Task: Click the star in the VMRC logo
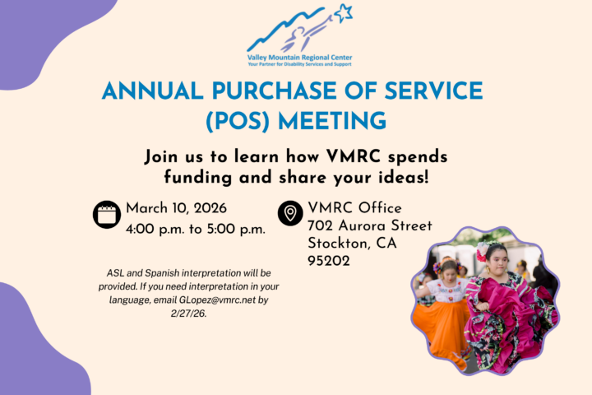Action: coord(343,12)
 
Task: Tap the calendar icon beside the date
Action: coord(107,214)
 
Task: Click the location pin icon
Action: coord(290,214)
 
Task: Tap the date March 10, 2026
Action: coord(176,207)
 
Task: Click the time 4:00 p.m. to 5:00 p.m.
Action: coord(196,229)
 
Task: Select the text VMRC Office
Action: coord(354,207)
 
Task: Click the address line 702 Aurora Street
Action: coord(369,225)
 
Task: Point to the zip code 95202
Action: coord(329,261)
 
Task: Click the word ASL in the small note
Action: coord(117,272)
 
